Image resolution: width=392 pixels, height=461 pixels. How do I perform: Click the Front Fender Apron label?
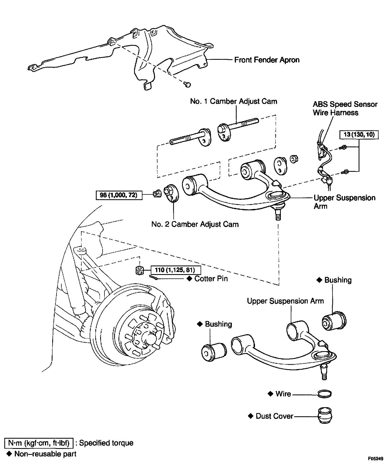click(x=267, y=60)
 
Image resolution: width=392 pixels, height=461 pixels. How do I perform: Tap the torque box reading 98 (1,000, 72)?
click(x=119, y=195)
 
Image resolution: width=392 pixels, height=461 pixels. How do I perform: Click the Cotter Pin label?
click(x=211, y=278)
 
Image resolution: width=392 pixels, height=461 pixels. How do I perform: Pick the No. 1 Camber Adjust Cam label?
click(x=233, y=101)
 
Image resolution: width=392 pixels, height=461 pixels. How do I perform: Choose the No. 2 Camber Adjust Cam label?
click(x=195, y=224)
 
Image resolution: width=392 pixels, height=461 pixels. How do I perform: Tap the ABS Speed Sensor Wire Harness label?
click(x=345, y=108)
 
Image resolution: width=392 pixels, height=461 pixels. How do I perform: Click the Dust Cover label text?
click(x=274, y=416)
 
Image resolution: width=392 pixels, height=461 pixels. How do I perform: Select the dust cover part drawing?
click(x=325, y=417)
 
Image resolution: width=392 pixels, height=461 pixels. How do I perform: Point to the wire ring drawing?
click(x=324, y=394)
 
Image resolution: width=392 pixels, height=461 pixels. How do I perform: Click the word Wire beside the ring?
click(x=283, y=394)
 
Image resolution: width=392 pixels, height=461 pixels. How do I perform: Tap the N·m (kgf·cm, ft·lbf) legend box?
click(x=39, y=443)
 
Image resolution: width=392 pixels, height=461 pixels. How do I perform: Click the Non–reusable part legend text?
click(x=45, y=454)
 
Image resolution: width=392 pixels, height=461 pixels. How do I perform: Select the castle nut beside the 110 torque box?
click(x=139, y=270)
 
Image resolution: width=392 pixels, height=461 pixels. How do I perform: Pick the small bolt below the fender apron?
click(x=187, y=85)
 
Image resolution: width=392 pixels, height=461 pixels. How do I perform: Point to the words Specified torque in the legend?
click(x=106, y=443)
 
